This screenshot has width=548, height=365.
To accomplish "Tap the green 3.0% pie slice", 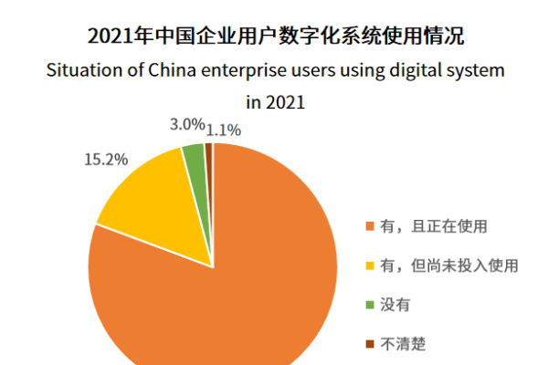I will [x=194, y=157].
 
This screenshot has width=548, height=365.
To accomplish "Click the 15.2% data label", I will [x=104, y=159].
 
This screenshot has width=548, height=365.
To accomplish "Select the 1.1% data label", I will [x=225, y=129].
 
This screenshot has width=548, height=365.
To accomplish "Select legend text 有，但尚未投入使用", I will [x=448, y=266].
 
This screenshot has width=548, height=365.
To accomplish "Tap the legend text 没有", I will [x=393, y=305].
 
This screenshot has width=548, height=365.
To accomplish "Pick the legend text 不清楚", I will [x=400, y=344].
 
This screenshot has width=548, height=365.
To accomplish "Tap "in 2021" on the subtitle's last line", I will [x=273, y=102].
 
